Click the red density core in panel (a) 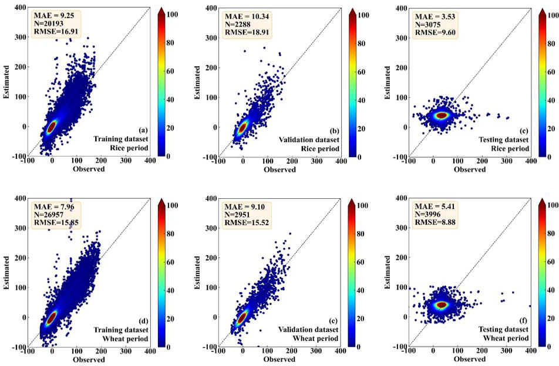coord(52,126)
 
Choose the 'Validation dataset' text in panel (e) coord(308,329)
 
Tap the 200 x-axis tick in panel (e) coord(292,353)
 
